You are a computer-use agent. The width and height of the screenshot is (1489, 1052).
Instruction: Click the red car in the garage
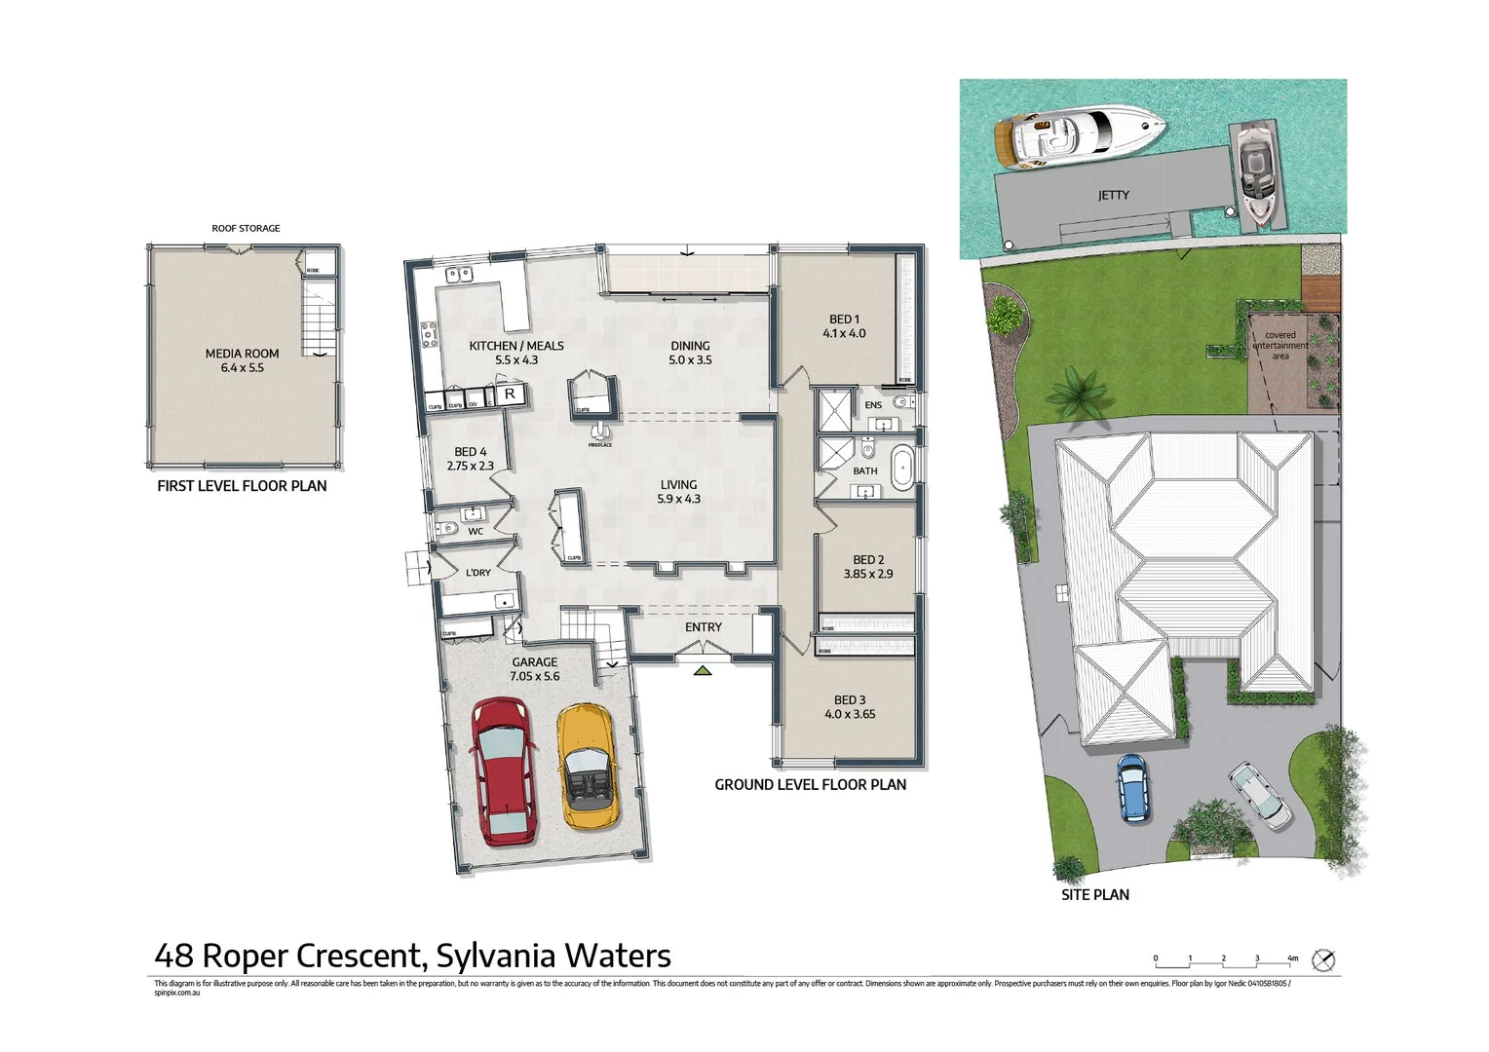click(x=503, y=770)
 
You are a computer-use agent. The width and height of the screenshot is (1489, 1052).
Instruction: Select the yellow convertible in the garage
click(x=586, y=767)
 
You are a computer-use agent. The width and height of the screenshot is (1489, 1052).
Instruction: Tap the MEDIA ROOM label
click(x=242, y=354)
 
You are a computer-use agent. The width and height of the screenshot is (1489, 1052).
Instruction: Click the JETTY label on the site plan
click(x=1113, y=195)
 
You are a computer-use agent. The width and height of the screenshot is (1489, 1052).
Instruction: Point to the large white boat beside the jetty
click(x=1079, y=135)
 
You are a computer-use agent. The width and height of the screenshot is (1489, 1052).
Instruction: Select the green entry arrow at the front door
click(x=703, y=669)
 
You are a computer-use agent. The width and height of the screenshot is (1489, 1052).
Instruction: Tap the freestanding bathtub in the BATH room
click(x=903, y=467)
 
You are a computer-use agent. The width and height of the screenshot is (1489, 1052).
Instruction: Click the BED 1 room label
click(x=844, y=319)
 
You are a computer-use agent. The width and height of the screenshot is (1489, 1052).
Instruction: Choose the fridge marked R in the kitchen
click(x=509, y=394)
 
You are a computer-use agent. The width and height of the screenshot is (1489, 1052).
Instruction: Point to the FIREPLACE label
click(x=599, y=445)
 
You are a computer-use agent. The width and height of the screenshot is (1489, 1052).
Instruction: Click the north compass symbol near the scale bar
click(x=1322, y=960)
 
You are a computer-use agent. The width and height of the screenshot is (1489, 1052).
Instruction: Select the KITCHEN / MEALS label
click(x=516, y=346)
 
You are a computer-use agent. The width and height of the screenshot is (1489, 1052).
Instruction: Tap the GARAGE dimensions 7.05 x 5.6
click(x=535, y=676)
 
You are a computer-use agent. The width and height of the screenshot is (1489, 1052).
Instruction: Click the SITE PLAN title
click(x=1094, y=894)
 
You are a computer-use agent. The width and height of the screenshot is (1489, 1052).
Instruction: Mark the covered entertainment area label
click(x=1279, y=346)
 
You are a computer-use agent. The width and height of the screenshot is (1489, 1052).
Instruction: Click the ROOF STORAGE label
click(x=246, y=228)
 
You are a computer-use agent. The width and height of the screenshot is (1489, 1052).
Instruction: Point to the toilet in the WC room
click(x=448, y=529)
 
